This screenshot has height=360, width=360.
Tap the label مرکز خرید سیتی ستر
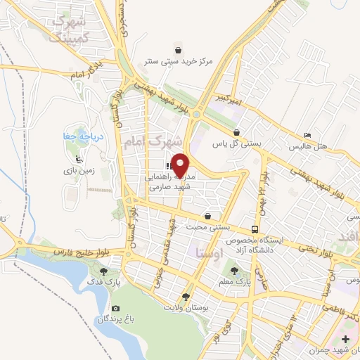[x=179, y=61]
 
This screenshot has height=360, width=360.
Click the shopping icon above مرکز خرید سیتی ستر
[x=179, y=50]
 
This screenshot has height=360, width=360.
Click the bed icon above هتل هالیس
[x=307, y=136]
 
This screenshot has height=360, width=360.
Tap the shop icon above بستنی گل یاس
[x=238, y=132]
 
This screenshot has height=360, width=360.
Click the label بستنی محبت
[x=207, y=227]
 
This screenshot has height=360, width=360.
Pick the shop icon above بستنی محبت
[x=207, y=216]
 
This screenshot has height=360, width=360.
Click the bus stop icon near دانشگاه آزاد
[x=254, y=229]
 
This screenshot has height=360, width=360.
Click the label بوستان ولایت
[x=186, y=308]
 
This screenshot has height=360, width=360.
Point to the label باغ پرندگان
[x=115, y=319]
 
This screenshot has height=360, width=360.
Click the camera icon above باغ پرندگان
[x=115, y=308]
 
